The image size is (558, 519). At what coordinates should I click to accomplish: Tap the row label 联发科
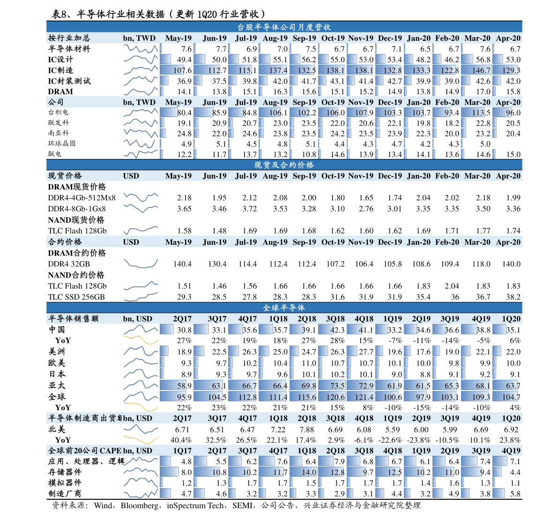point(59,122)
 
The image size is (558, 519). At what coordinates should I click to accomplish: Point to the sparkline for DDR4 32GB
point(141,263)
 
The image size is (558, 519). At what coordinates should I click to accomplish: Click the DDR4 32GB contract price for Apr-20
point(511,264)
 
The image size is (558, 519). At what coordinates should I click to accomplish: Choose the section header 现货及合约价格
point(284,165)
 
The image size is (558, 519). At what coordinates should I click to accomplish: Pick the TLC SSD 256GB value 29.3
point(184,297)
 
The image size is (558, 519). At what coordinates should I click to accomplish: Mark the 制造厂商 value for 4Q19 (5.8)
point(515,494)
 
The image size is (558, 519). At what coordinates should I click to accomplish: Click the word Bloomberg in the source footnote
point(140,505)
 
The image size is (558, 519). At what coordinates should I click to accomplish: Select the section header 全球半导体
point(284,308)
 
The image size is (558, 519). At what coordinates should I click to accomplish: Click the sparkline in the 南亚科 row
point(141,133)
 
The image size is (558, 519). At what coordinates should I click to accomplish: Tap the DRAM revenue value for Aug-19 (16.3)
point(280,91)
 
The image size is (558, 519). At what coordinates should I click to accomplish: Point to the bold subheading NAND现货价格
point(76,220)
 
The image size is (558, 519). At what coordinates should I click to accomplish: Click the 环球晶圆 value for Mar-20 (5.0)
point(485,144)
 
